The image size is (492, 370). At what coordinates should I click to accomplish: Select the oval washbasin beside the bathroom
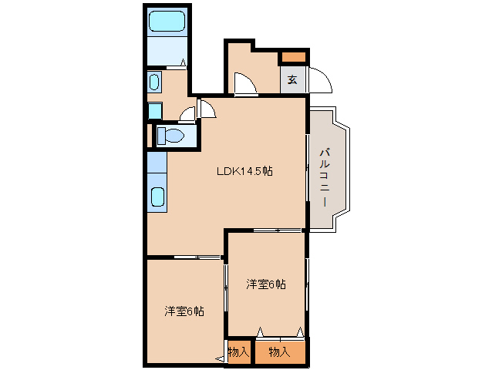153,82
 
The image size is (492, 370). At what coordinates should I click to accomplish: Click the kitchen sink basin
157,197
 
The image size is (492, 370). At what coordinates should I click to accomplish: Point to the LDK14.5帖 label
244,172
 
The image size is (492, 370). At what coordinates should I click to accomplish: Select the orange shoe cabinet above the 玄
293,57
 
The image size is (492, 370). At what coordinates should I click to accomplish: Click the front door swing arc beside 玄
320,79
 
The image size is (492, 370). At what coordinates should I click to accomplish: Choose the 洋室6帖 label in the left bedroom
184,311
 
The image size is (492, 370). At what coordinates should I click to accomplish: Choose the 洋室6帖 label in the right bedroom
266,284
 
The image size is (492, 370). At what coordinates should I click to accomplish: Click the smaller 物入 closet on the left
238,352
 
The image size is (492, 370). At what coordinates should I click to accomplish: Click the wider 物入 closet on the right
279,352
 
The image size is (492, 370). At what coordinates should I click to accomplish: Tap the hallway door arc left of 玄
245,83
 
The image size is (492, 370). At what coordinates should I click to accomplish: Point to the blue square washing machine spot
154,110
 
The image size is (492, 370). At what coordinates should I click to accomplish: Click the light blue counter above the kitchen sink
157,163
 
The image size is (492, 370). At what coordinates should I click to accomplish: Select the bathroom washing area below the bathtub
167,52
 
